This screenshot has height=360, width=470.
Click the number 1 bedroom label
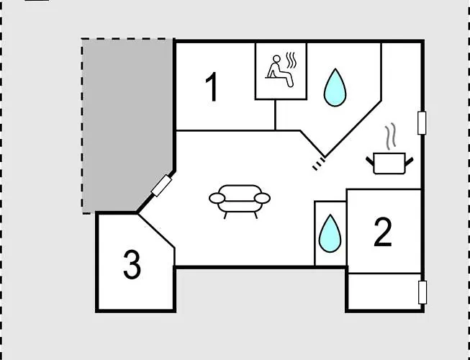pyautogui.click(x=212, y=87)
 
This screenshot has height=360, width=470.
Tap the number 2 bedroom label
pyautogui.click(x=383, y=232)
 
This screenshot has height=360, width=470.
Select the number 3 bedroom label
pyautogui.click(x=132, y=265)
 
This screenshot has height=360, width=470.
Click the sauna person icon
pyautogui.click(x=280, y=71)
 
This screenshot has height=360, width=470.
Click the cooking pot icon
pyautogui.click(x=389, y=163)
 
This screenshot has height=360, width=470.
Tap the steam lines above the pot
pyautogui.click(x=390, y=138)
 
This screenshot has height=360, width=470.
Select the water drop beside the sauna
pyautogui.click(x=335, y=88)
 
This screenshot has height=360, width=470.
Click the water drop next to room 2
pyautogui.click(x=330, y=233)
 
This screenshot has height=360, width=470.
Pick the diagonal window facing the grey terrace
pyautogui.click(x=161, y=186)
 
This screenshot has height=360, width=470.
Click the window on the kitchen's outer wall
pyautogui.click(x=422, y=123)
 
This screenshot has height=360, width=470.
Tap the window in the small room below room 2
pyautogui.click(x=422, y=292)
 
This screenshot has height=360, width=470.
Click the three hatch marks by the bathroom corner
pyautogui.click(x=319, y=164)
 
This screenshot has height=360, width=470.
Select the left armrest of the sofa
pyautogui.click(x=217, y=198)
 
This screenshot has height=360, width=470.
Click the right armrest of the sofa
pyautogui.click(x=262, y=198)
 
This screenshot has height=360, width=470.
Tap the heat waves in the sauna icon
pyautogui.click(x=291, y=61)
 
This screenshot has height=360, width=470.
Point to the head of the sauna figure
pyautogui.click(x=277, y=59)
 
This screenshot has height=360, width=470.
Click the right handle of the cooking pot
pyautogui.click(x=409, y=162)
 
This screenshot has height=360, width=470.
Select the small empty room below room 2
pyautogui.click(x=384, y=292)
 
